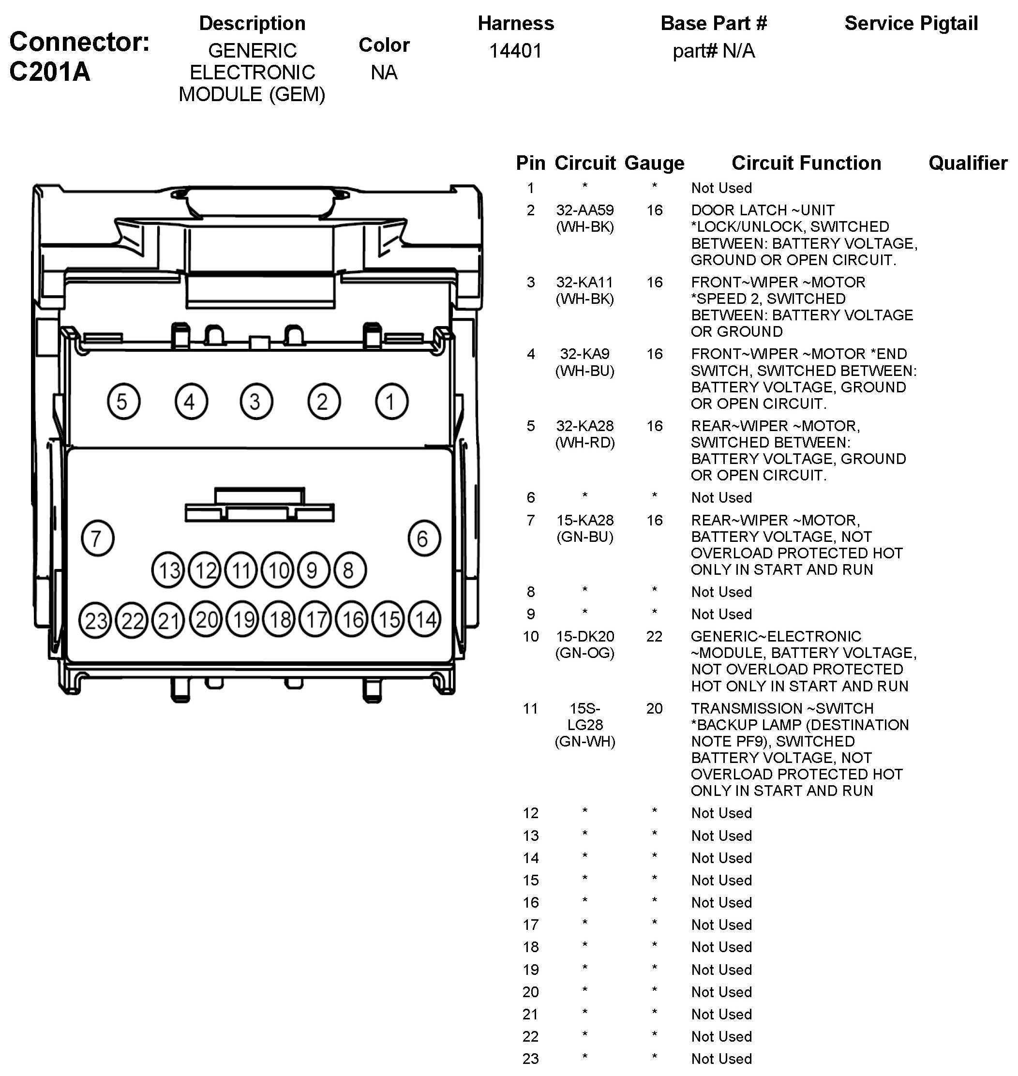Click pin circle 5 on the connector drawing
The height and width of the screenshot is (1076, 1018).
(123, 402)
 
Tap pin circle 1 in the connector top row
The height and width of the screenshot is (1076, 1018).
(391, 402)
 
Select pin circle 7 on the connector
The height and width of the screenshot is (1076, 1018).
(97, 538)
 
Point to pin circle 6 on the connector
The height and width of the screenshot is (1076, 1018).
(424, 538)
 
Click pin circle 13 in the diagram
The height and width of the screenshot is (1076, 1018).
(168, 570)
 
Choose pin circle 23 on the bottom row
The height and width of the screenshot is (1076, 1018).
(95, 620)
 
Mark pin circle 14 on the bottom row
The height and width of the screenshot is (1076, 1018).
(425, 619)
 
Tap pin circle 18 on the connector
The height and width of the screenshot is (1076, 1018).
(280, 619)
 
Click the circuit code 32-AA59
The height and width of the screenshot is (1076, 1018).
(584, 210)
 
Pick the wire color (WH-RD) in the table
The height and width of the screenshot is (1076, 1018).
(584, 443)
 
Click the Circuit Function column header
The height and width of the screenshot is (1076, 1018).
(806, 163)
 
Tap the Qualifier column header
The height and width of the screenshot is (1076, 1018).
(968, 163)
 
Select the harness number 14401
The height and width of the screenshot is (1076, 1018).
(515, 51)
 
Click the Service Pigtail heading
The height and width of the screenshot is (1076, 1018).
(911, 23)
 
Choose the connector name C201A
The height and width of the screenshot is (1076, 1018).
(50, 71)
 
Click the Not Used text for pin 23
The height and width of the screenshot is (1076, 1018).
(721, 1059)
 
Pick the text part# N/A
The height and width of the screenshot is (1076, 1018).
(714, 51)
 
